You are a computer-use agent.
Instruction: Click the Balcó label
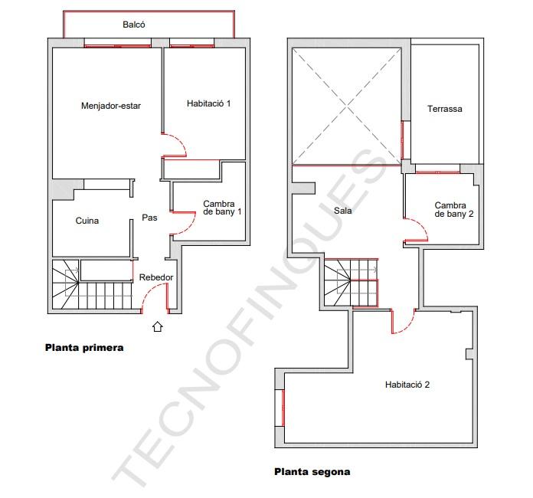tap(134, 25)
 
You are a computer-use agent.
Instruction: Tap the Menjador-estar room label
tap(111, 106)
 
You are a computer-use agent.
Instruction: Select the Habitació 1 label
tap(209, 103)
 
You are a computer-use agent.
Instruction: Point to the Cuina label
tap(87, 221)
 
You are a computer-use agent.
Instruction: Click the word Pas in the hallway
tap(149, 218)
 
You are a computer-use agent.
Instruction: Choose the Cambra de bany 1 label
tap(222, 208)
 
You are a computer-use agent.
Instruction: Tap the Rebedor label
tap(156, 277)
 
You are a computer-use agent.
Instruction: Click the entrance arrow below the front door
tap(158, 326)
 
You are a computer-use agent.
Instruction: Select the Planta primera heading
tap(84, 348)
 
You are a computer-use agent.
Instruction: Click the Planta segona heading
tap(312, 472)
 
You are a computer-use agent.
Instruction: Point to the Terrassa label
tap(445, 109)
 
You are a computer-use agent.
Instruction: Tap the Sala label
tap(342, 211)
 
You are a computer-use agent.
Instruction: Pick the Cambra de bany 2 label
tap(454, 209)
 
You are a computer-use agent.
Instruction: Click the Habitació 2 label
tap(407, 385)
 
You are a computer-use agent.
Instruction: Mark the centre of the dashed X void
tap(346, 107)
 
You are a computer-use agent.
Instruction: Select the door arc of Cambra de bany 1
tap(191, 225)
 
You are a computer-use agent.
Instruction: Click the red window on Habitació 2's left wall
tap(283, 408)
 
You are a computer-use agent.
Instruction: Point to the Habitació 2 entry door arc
tap(409, 327)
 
